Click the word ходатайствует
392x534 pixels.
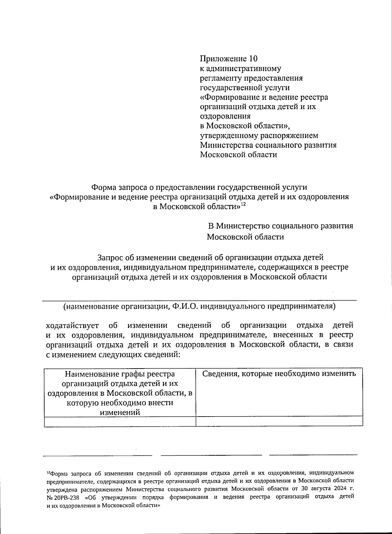(72, 325)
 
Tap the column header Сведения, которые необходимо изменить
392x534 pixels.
(279, 374)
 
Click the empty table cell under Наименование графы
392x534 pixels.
(120, 421)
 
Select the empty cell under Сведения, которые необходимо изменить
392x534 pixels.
(279, 421)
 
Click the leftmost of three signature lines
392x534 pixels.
(97, 454)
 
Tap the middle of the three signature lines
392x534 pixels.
(211, 454)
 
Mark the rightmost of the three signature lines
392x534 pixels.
(313, 454)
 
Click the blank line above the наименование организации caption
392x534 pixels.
(199, 300)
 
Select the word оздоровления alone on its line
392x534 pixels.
(225, 116)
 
